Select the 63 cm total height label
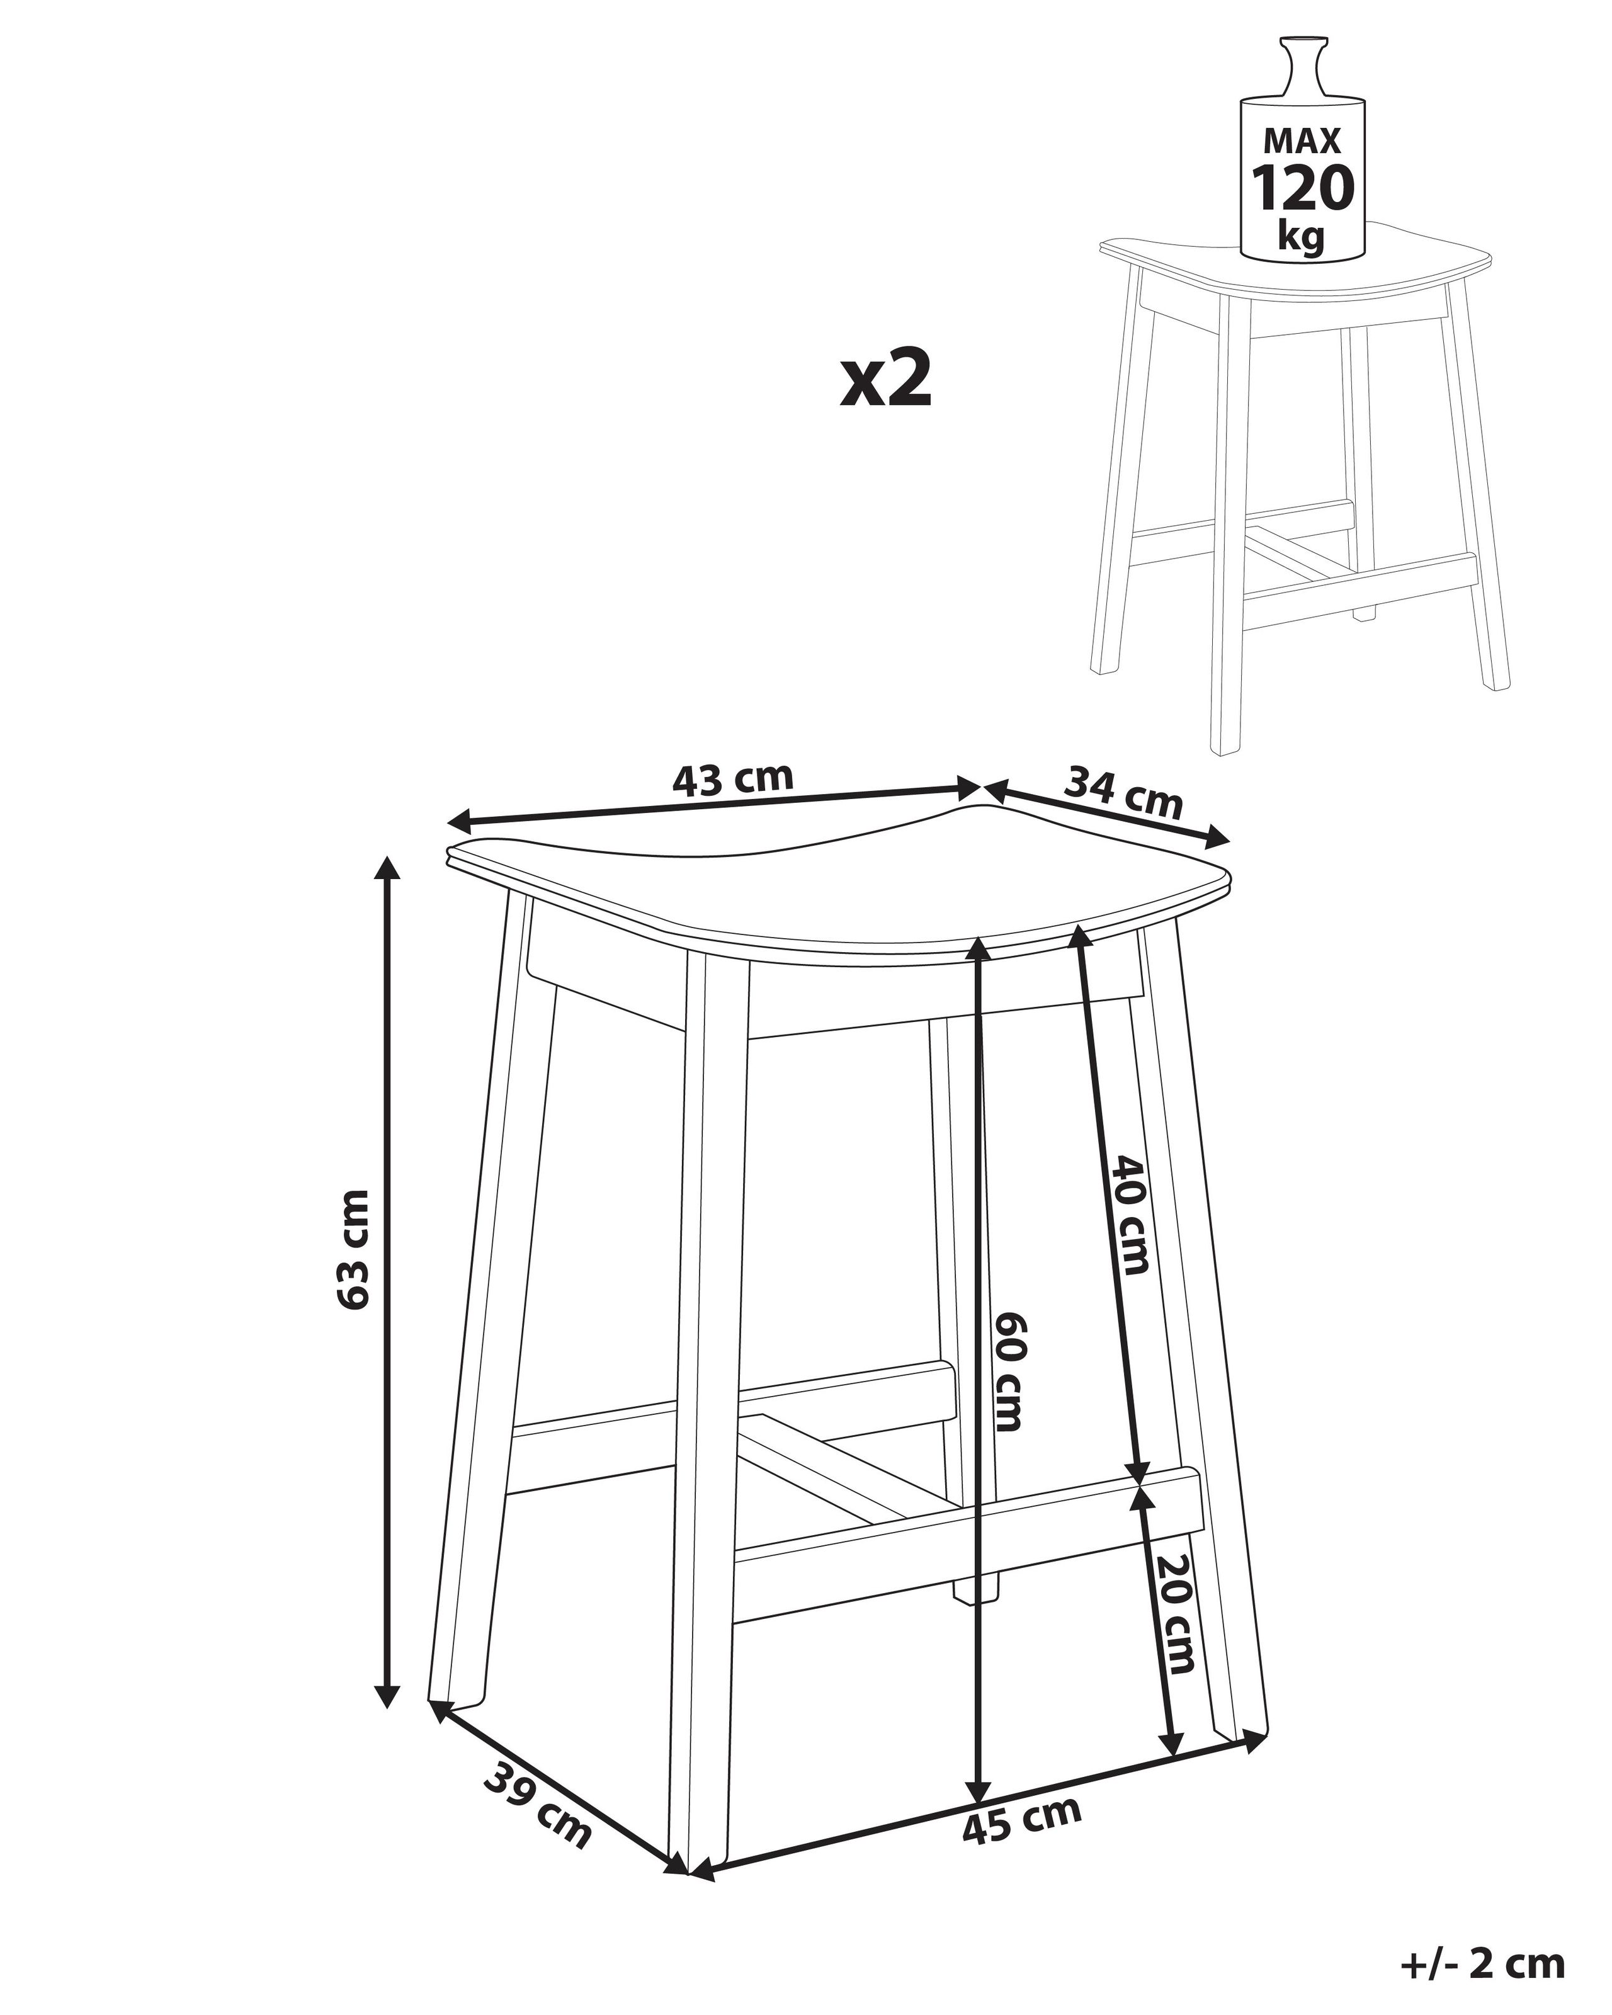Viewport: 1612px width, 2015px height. (356, 1249)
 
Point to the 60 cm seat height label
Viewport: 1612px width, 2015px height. (1009, 1384)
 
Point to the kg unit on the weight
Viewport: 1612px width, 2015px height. (1302, 237)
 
